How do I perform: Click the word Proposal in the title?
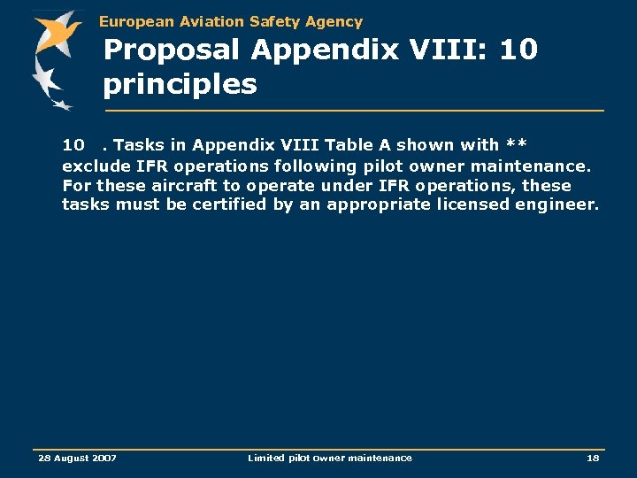coord(173,50)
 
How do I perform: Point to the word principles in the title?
coord(180,85)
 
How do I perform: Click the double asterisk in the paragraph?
coord(516,145)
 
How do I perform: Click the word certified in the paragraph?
coord(235,205)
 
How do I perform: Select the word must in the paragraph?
coord(130,205)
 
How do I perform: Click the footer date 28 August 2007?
coord(77,458)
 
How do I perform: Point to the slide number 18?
coord(593,458)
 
